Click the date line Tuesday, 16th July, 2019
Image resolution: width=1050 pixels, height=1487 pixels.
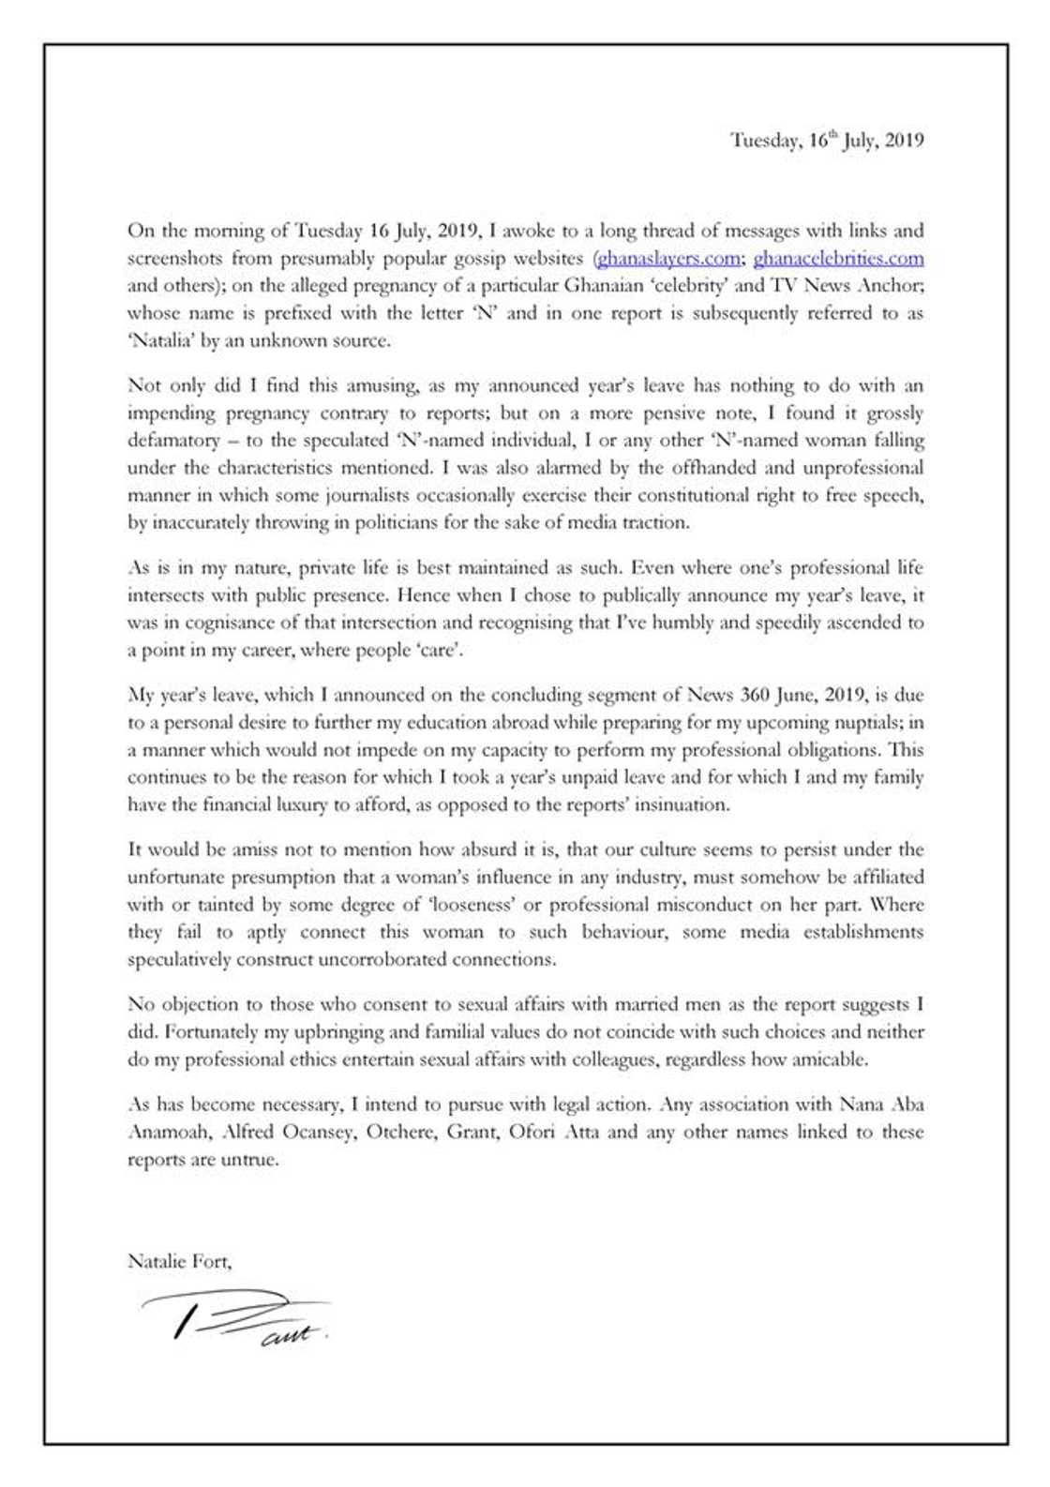pos(827,141)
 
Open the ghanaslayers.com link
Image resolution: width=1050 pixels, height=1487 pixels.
pos(668,258)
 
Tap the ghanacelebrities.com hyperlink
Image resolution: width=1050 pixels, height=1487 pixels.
pos(838,258)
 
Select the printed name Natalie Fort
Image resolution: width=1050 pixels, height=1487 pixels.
pos(178,1261)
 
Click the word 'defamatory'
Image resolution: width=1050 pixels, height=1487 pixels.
pos(173,440)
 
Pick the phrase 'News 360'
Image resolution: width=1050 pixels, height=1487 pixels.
pos(727,695)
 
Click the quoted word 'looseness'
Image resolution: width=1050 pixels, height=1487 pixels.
pos(469,905)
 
